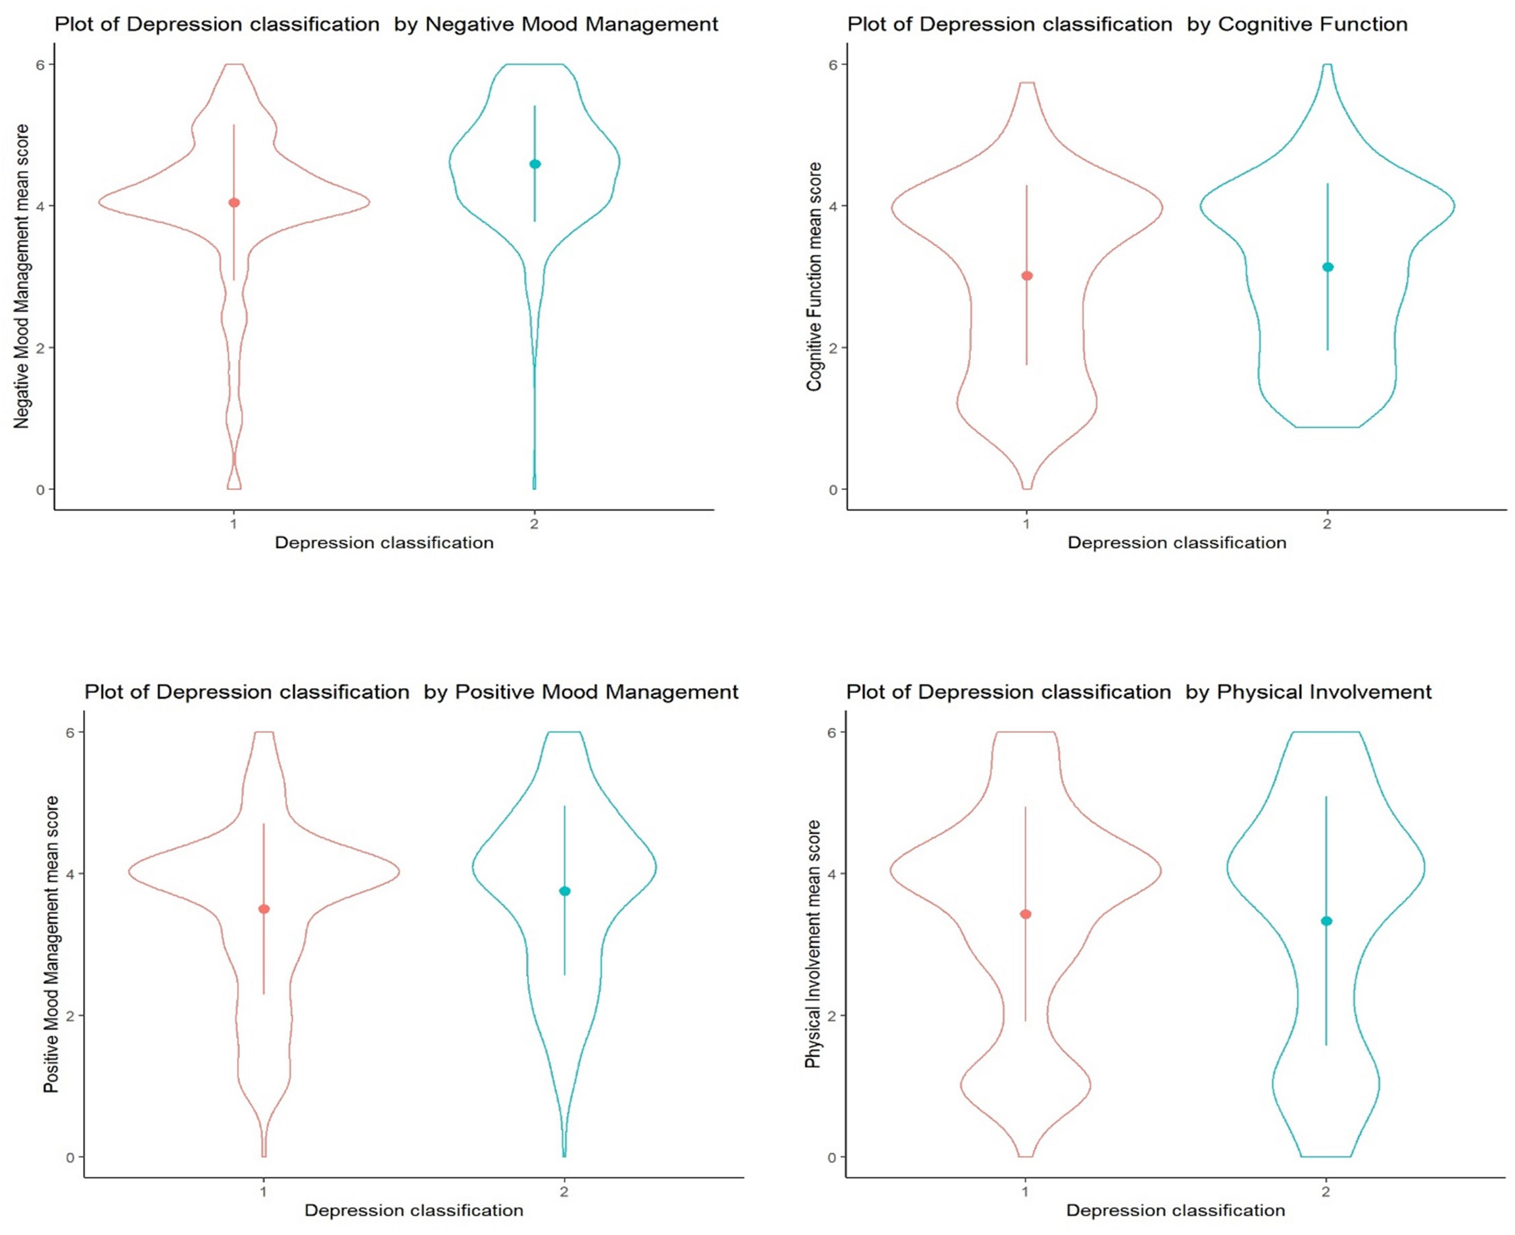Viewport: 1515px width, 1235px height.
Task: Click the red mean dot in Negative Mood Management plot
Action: coord(234,203)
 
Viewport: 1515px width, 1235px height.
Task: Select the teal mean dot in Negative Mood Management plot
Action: coord(535,164)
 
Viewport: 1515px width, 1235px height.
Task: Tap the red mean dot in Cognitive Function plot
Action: coord(1027,276)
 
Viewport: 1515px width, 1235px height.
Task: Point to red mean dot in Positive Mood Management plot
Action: coord(264,909)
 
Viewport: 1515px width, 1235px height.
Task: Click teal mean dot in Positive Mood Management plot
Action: coord(565,891)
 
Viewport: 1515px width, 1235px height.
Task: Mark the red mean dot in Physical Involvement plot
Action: coord(1025,914)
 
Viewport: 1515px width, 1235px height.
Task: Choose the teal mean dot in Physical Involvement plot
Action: coord(1327,921)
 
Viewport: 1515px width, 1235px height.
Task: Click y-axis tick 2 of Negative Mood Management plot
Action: coord(40,348)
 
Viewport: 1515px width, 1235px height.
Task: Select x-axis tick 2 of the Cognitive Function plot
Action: coord(1328,525)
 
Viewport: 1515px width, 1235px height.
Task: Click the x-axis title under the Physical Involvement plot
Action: coord(1176,1210)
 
